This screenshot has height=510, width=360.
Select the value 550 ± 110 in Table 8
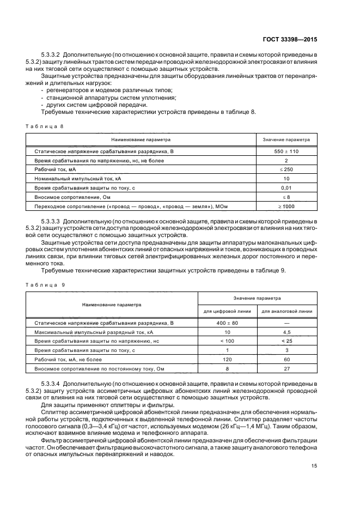click(x=286, y=151)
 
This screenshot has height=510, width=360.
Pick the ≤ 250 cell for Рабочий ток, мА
click(x=286, y=169)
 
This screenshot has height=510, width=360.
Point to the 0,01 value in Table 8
click(x=286, y=187)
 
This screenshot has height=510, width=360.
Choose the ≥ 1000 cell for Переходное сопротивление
click(x=286, y=206)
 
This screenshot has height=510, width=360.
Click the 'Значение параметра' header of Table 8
click(x=286, y=139)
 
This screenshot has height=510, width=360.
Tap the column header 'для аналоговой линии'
click(x=287, y=312)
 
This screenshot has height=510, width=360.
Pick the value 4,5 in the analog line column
click(x=287, y=332)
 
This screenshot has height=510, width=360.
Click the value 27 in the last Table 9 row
click(x=287, y=369)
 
